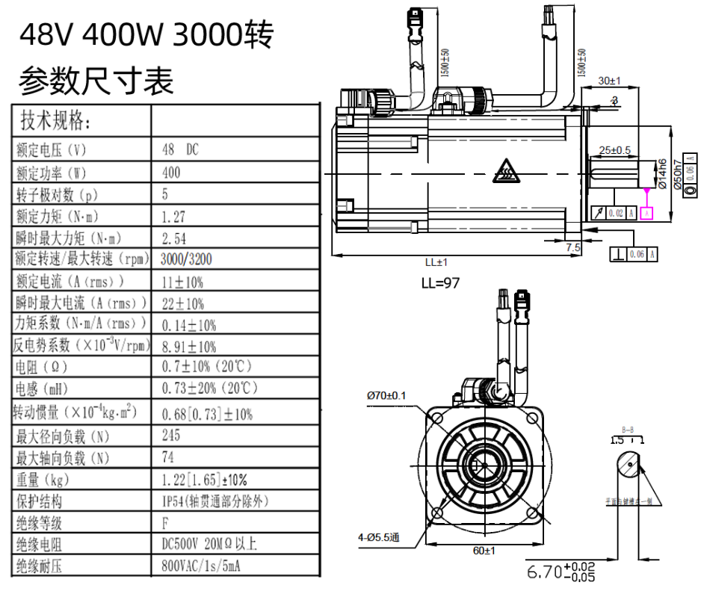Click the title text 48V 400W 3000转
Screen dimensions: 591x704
click(146, 34)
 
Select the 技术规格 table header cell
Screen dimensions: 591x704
click(55, 120)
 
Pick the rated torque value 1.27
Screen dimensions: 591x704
click(173, 217)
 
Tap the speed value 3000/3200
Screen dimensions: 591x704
click(188, 259)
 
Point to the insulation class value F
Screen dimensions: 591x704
click(165, 523)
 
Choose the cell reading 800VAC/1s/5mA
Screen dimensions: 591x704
click(201, 566)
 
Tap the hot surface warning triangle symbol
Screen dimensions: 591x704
click(503, 173)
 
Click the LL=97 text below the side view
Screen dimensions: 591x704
click(440, 283)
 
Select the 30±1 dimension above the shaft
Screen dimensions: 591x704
click(610, 80)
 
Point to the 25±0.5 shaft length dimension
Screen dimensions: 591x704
click(615, 150)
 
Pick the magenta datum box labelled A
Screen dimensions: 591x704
click(646, 214)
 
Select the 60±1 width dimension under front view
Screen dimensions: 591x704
click(484, 551)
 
